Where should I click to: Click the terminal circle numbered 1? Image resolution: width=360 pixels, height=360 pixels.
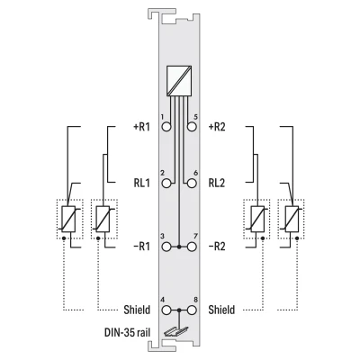166,127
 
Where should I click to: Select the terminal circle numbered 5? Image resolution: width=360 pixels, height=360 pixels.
192,127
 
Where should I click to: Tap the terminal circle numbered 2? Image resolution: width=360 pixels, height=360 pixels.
166,183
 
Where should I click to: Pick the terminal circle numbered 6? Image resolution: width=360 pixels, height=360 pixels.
192,183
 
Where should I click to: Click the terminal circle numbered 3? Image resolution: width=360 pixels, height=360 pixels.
166,247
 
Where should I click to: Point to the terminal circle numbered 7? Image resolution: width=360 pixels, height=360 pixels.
192,247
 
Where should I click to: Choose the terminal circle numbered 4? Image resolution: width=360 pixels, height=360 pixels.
166,310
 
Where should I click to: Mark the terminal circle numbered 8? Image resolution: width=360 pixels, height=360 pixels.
192,310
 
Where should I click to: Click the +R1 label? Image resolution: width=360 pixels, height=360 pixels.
141,127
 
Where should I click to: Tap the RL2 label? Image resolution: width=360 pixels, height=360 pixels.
217,183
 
